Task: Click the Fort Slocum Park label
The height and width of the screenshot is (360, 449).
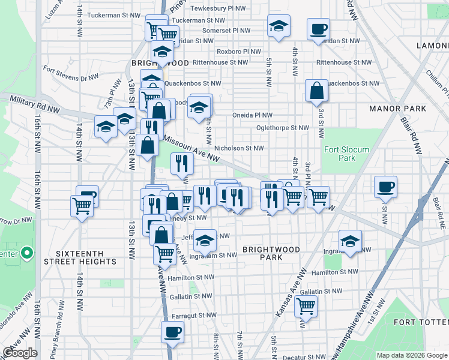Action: (x=339, y=154)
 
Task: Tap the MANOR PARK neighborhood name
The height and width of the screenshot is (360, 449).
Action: (x=397, y=109)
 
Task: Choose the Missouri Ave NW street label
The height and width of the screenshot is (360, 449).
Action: (x=191, y=145)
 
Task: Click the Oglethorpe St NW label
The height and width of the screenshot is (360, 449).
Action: (x=282, y=128)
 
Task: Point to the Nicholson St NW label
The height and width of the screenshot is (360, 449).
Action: (x=239, y=148)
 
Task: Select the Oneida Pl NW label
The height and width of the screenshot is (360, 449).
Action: (x=253, y=115)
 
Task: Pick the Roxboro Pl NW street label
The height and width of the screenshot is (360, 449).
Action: (x=239, y=52)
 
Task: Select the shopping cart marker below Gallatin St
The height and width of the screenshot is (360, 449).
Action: (x=306, y=307)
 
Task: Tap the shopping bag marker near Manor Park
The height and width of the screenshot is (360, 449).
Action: (x=316, y=91)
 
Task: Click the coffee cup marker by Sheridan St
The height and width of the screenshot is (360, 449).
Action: (x=318, y=29)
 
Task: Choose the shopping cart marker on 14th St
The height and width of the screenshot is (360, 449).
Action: (x=82, y=206)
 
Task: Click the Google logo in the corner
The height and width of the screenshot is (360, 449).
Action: (x=20, y=353)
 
